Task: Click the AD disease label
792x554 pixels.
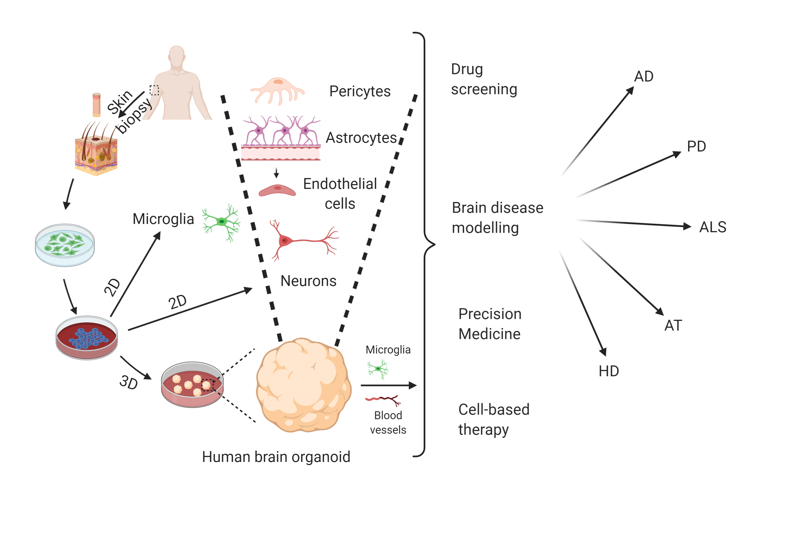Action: pos(643,76)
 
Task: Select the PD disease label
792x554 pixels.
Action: pos(696,146)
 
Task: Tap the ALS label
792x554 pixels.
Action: pos(712,227)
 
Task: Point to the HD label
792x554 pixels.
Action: pos(609,371)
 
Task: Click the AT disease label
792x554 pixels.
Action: pos(673,326)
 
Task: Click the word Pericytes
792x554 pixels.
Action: pos(360,91)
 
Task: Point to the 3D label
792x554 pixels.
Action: pos(129,382)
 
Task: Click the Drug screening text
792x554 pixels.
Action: pos(484,79)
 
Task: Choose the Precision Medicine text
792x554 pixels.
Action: pos(489,324)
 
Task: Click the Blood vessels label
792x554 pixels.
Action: pos(388,422)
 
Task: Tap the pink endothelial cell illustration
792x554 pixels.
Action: pos(277,190)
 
